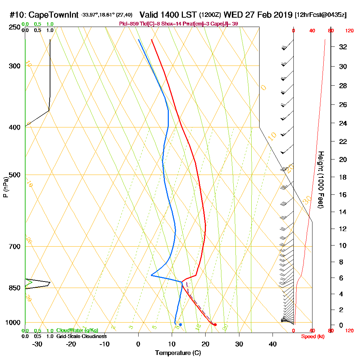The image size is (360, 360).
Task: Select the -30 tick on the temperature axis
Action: [37, 344]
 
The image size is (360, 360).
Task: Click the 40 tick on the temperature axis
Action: [273, 344]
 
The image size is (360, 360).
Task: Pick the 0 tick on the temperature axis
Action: [138, 344]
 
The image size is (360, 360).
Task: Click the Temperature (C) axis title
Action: [178, 353]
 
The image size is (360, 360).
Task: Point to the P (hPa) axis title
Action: [5, 187]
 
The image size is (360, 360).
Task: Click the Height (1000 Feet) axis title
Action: [320, 179]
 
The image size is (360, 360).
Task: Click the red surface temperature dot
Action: [215, 325]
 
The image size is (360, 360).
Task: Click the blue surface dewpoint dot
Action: [180, 325]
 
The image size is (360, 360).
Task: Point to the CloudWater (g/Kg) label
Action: [77, 330]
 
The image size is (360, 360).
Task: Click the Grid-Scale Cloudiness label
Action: [81, 336]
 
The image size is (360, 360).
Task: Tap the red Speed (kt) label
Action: [312, 336]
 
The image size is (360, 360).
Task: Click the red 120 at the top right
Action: [349, 31]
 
